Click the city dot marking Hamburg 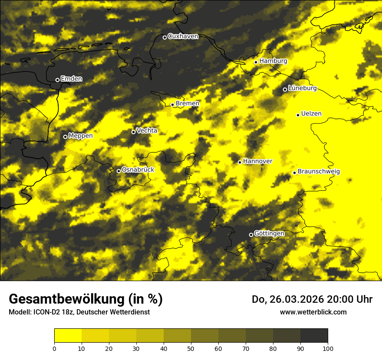(256, 62)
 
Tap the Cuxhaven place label (183, 36)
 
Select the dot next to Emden (57, 80)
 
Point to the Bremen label (188, 104)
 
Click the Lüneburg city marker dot (285, 89)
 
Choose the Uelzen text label (311, 114)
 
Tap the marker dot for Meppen (65, 137)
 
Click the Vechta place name (147, 131)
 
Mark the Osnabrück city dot (119, 171)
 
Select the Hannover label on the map (258, 161)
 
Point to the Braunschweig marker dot (294, 173)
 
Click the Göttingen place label (269, 234)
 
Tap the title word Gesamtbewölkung (65, 299)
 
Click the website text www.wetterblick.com (313, 312)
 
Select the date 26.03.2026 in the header (296, 299)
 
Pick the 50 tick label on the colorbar (191, 348)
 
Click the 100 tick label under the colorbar (328, 348)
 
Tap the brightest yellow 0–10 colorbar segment (68, 336)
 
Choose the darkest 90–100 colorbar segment (314, 336)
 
